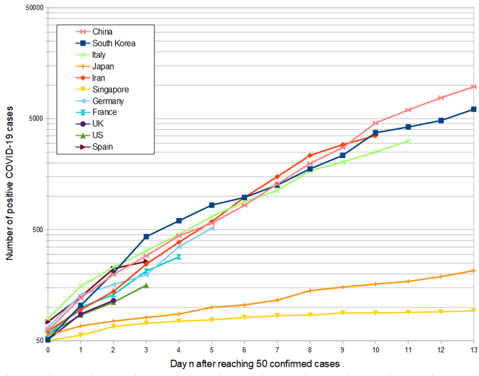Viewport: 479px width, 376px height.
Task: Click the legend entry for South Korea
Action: pos(113,43)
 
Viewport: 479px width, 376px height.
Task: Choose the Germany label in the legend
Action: pos(108,101)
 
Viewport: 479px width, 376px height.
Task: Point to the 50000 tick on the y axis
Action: pos(32,8)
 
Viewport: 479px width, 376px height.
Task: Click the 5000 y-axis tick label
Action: pos(35,119)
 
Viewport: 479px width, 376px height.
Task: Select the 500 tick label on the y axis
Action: pos(37,230)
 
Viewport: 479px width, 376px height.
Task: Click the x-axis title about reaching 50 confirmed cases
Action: pos(255,363)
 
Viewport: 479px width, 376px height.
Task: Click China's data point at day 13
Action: pos(473,87)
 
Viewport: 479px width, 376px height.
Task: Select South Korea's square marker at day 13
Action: pos(473,109)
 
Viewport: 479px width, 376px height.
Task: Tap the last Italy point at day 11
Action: pos(408,141)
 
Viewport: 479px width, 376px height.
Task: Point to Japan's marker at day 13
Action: pos(473,271)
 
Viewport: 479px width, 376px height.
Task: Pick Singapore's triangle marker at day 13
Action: pos(473,310)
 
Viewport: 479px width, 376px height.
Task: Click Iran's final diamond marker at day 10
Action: pos(375,135)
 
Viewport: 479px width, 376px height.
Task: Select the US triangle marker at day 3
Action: pos(146,286)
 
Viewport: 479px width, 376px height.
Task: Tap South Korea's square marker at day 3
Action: pos(146,236)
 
